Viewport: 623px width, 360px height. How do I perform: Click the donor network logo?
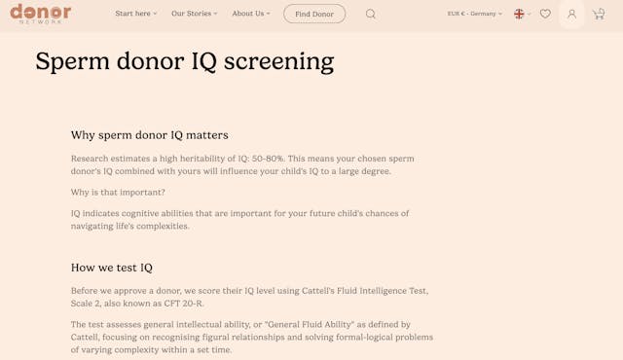click(x=40, y=13)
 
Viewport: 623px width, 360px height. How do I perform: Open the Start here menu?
click(x=135, y=14)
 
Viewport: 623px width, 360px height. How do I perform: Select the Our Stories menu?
click(x=194, y=14)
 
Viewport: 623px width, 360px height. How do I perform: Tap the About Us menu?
click(x=251, y=14)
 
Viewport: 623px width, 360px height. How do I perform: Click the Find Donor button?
click(x=314, y=14)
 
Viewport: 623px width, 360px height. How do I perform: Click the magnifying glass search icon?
click(x=371, y=14)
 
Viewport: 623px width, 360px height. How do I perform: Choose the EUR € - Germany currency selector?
click(x=474, y=14)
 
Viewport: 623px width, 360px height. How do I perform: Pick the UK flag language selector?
click(x=521, y=14)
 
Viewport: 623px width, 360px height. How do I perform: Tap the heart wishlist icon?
click(x=545, y=14)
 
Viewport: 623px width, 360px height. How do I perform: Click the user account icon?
click(x=572, y=14)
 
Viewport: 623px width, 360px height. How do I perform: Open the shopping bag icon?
click(x=599, y=14)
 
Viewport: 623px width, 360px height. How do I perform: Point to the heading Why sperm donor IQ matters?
click(x=149, y=134)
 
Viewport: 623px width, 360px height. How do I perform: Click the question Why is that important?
click(x=118, y=192)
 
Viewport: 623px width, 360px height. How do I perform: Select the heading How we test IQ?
click(x=111, y=267)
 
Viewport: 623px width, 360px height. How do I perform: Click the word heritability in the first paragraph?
click(x=216, y=158)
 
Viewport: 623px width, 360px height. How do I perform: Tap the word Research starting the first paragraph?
click(x=92, y=158)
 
